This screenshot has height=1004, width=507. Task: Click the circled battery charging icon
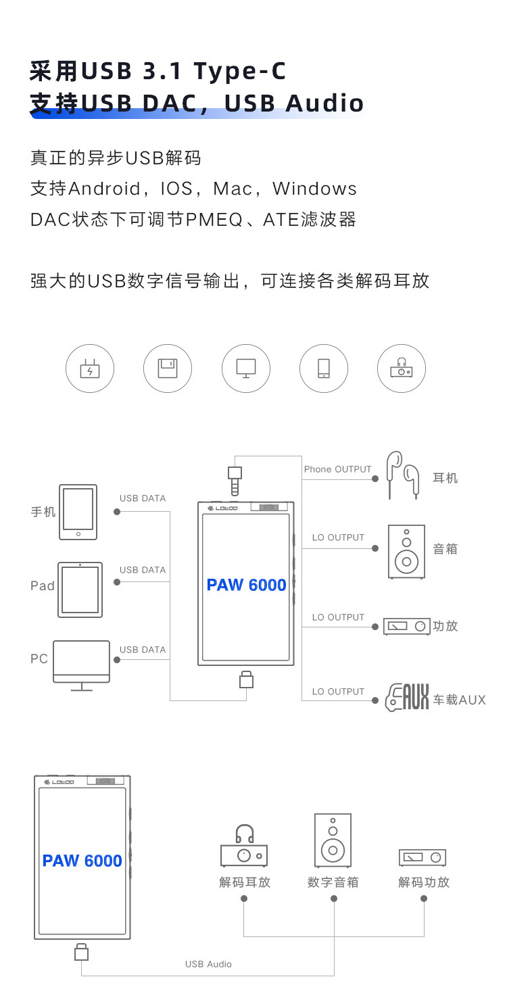point(90,368)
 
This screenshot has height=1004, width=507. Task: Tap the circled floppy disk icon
point(168,368)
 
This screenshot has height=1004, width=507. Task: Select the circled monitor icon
point(246,368)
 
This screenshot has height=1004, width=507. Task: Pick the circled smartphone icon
point(324,368)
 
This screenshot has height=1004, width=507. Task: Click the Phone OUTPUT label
point(337,469)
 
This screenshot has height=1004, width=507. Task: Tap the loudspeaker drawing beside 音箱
point(406,551)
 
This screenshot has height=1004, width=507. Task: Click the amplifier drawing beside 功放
point(406,626)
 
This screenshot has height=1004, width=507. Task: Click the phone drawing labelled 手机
point(78,512)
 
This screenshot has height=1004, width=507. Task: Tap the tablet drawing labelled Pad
point(80,590)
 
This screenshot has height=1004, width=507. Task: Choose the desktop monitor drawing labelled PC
point(81,663)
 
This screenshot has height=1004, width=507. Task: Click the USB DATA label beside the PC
point(143,650)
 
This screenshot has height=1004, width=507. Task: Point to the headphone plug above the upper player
point(235,481)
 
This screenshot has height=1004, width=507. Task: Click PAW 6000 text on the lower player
point(82,861)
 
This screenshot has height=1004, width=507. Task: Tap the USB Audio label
point(208,964)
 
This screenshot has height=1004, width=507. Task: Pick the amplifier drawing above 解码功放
point(422,857)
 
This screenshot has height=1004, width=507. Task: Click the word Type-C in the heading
point(240,70)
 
